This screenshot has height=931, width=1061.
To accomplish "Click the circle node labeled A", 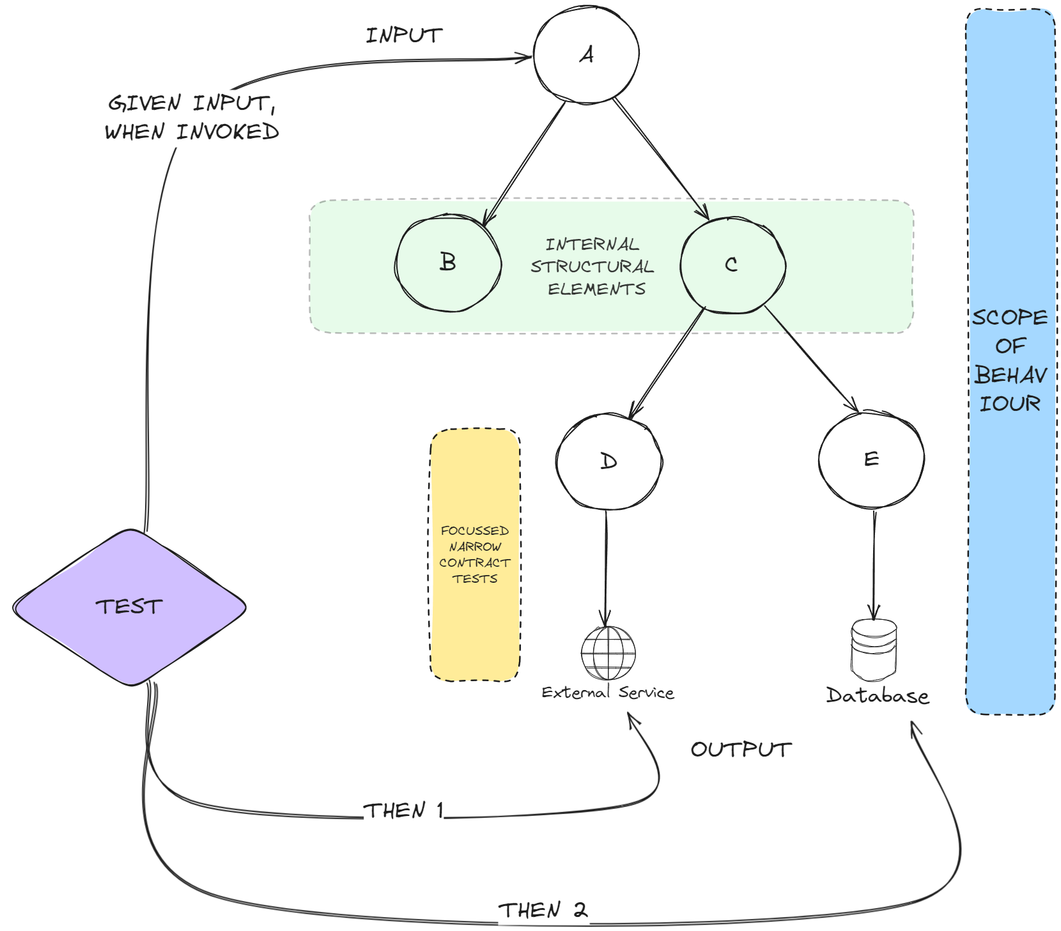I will tap(586, 55).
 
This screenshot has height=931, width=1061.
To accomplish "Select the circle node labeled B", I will tap(448, 263).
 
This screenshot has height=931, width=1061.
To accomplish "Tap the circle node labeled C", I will tap(732, 265).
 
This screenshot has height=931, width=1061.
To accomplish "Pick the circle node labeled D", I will tap(608, 461).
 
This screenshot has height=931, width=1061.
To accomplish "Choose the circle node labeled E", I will tap(871, 459).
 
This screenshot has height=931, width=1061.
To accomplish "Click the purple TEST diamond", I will tap(130, 607).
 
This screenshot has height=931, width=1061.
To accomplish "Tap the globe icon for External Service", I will tap(608, 653).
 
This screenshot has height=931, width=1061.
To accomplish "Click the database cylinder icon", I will tap(874, 650).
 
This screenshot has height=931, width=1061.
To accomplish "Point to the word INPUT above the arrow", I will tap(404, 36).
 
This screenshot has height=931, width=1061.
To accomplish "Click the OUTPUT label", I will tap(741, 750).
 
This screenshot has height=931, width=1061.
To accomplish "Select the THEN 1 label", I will tap(403, 811).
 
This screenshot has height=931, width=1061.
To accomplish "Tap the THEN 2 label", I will tap(543, 910).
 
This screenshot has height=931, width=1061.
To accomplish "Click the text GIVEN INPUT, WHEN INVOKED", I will tap(192, 118).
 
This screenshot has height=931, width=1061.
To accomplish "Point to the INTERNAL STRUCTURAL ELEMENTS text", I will tap(592, 266).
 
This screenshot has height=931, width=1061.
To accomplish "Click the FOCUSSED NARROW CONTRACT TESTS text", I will tap(475, 555).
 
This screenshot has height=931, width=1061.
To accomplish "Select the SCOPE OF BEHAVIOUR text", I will tap(1010, 360).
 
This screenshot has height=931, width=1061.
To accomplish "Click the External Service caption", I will tap(607, 693).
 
